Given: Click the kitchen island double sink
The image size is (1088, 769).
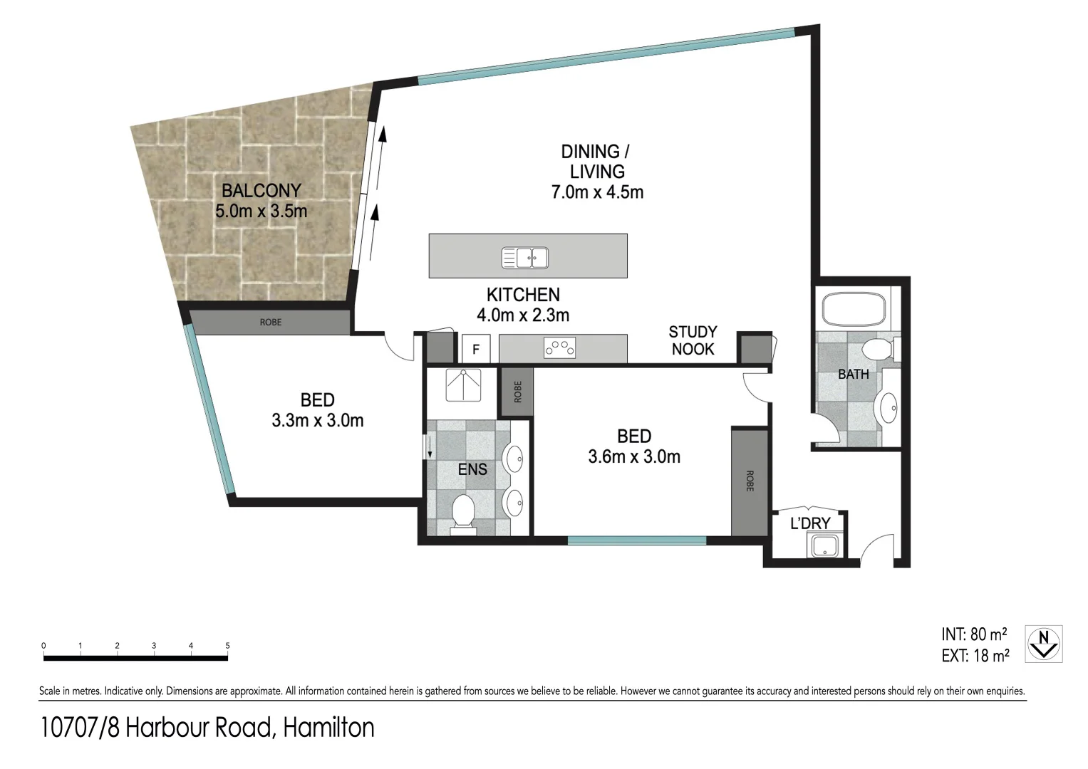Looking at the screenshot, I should (524, 257).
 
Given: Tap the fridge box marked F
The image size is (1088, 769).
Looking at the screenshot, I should (477, 350).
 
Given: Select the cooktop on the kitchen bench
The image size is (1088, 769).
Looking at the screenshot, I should (559, 348).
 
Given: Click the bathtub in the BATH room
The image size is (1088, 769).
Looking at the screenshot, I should (854, 310).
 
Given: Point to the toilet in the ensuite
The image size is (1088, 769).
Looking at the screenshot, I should (464, 513).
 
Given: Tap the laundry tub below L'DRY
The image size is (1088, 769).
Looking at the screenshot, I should (825, 546).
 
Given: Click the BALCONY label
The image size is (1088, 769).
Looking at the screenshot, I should (261, 191).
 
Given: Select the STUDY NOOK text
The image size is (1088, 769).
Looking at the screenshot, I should (693, 340).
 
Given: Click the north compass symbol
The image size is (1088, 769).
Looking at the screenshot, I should (1044, 644).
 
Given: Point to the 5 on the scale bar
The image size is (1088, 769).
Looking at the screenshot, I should (228, 646).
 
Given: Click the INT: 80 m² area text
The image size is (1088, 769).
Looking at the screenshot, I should (974, 634).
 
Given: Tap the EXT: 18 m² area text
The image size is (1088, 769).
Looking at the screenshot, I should (975, 656).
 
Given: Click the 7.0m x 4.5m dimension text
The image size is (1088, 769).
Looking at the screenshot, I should (597, 192).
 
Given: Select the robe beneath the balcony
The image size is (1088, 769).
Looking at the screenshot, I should (270, 322).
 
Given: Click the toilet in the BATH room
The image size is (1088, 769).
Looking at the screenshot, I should (877, 350).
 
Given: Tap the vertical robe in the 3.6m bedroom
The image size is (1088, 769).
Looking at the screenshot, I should (750, 481).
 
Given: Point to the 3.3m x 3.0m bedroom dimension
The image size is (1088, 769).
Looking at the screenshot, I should (317, 421).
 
